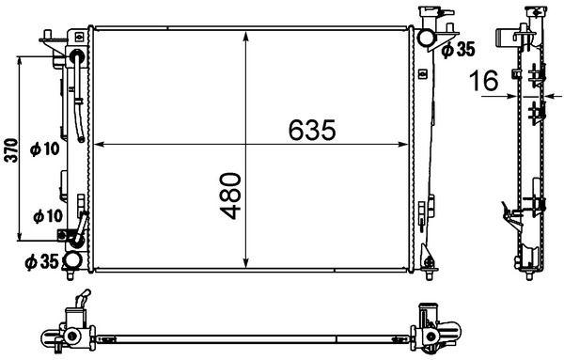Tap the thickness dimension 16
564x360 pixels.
(x=486, y=83)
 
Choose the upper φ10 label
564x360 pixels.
(x=44, y=149)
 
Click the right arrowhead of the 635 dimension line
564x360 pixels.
(x=406, y=146)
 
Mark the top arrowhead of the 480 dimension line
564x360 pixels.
(x=246, y=36)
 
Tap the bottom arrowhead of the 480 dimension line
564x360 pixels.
(x=246, y=264)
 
